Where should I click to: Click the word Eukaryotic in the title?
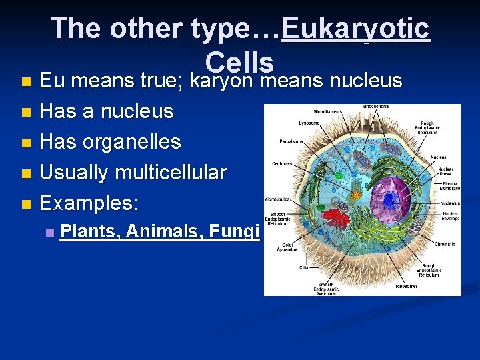pyautogui.click(x=356, y=29)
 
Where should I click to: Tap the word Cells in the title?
pyautogui.click(x=240, y=63)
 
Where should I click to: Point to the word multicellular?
pyautogui.click(x=171, y=172)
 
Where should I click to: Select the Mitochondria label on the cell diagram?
pyautogui.click(x=376, y=107)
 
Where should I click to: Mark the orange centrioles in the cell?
pyautogui.click(x=357, y=195)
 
